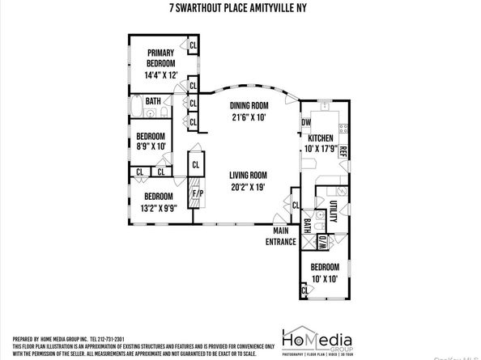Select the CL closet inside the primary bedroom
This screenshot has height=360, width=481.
click(x=193, y=45)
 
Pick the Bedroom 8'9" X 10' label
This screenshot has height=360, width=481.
click(x=151, y=142)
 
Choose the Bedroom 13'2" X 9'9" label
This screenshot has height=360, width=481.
click(x=159, y=201)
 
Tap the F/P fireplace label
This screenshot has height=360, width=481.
click(x=194, y=194)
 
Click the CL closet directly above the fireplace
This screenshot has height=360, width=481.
click(x=196, y=164)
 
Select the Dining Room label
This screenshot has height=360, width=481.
click(x=248, y=111)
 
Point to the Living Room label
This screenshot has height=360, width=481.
click(x=248, y=180)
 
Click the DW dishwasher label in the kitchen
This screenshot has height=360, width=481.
click(x=306, y=123)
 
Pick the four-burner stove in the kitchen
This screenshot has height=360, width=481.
click(x=343, y=128)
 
